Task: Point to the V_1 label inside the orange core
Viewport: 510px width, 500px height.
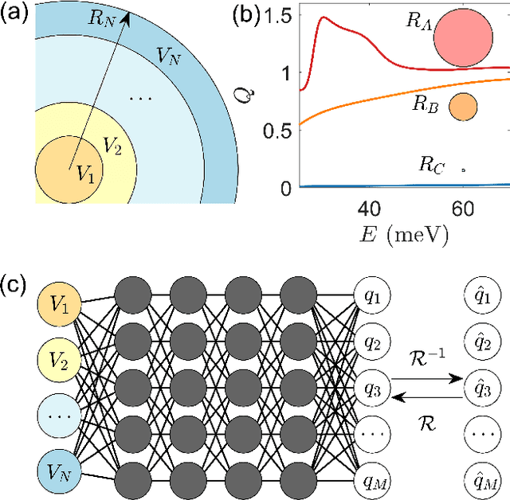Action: pos(84,176)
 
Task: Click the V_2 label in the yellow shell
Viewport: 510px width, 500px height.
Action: pos(112,147)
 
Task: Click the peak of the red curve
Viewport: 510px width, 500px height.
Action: pos(324,17)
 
